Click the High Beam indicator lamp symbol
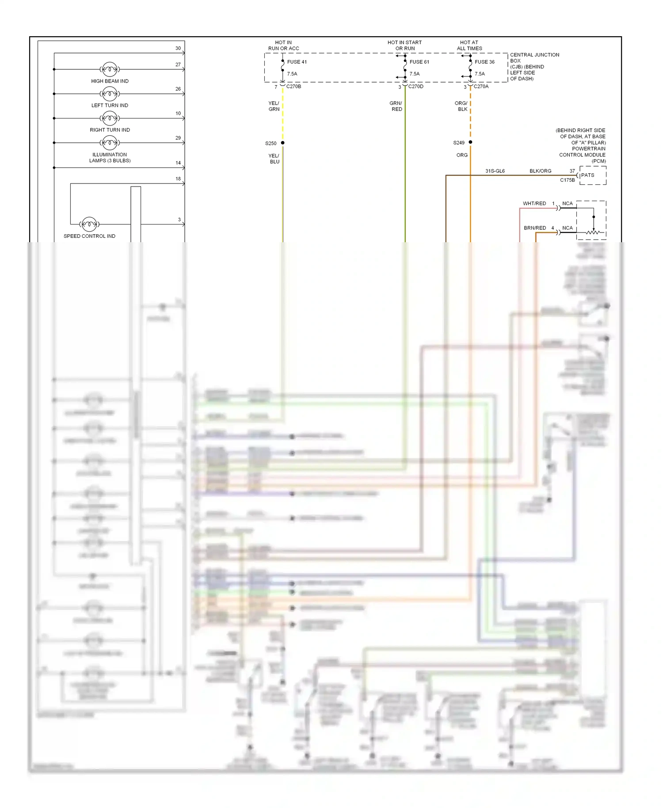coord(110,69)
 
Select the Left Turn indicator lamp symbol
coord(110,94)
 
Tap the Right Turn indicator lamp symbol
coord(110,118)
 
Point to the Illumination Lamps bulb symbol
coord(110,143)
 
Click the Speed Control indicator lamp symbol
coord(89,224)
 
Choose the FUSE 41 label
coord(297,62)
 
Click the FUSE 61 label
coord(419,62)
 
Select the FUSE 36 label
coord(484,62)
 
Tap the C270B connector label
coord(293,87)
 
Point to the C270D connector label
coord(415,87)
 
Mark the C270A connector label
coord(481,87)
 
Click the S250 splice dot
coord(283,143)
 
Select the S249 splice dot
coord(470,142)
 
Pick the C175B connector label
coord(568,180)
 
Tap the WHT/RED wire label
coord(534,204)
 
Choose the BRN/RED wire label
coord(535,228)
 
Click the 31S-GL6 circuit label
coord(495,171)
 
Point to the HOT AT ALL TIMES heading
coord(469,46)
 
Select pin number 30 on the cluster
coord(178,48)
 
